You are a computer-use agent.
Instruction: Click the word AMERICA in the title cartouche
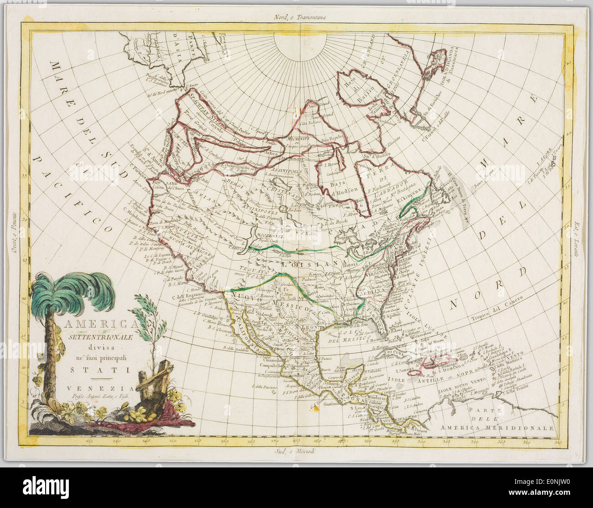[102, 324]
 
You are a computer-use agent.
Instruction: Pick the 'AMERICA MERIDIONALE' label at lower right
[497, 428]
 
